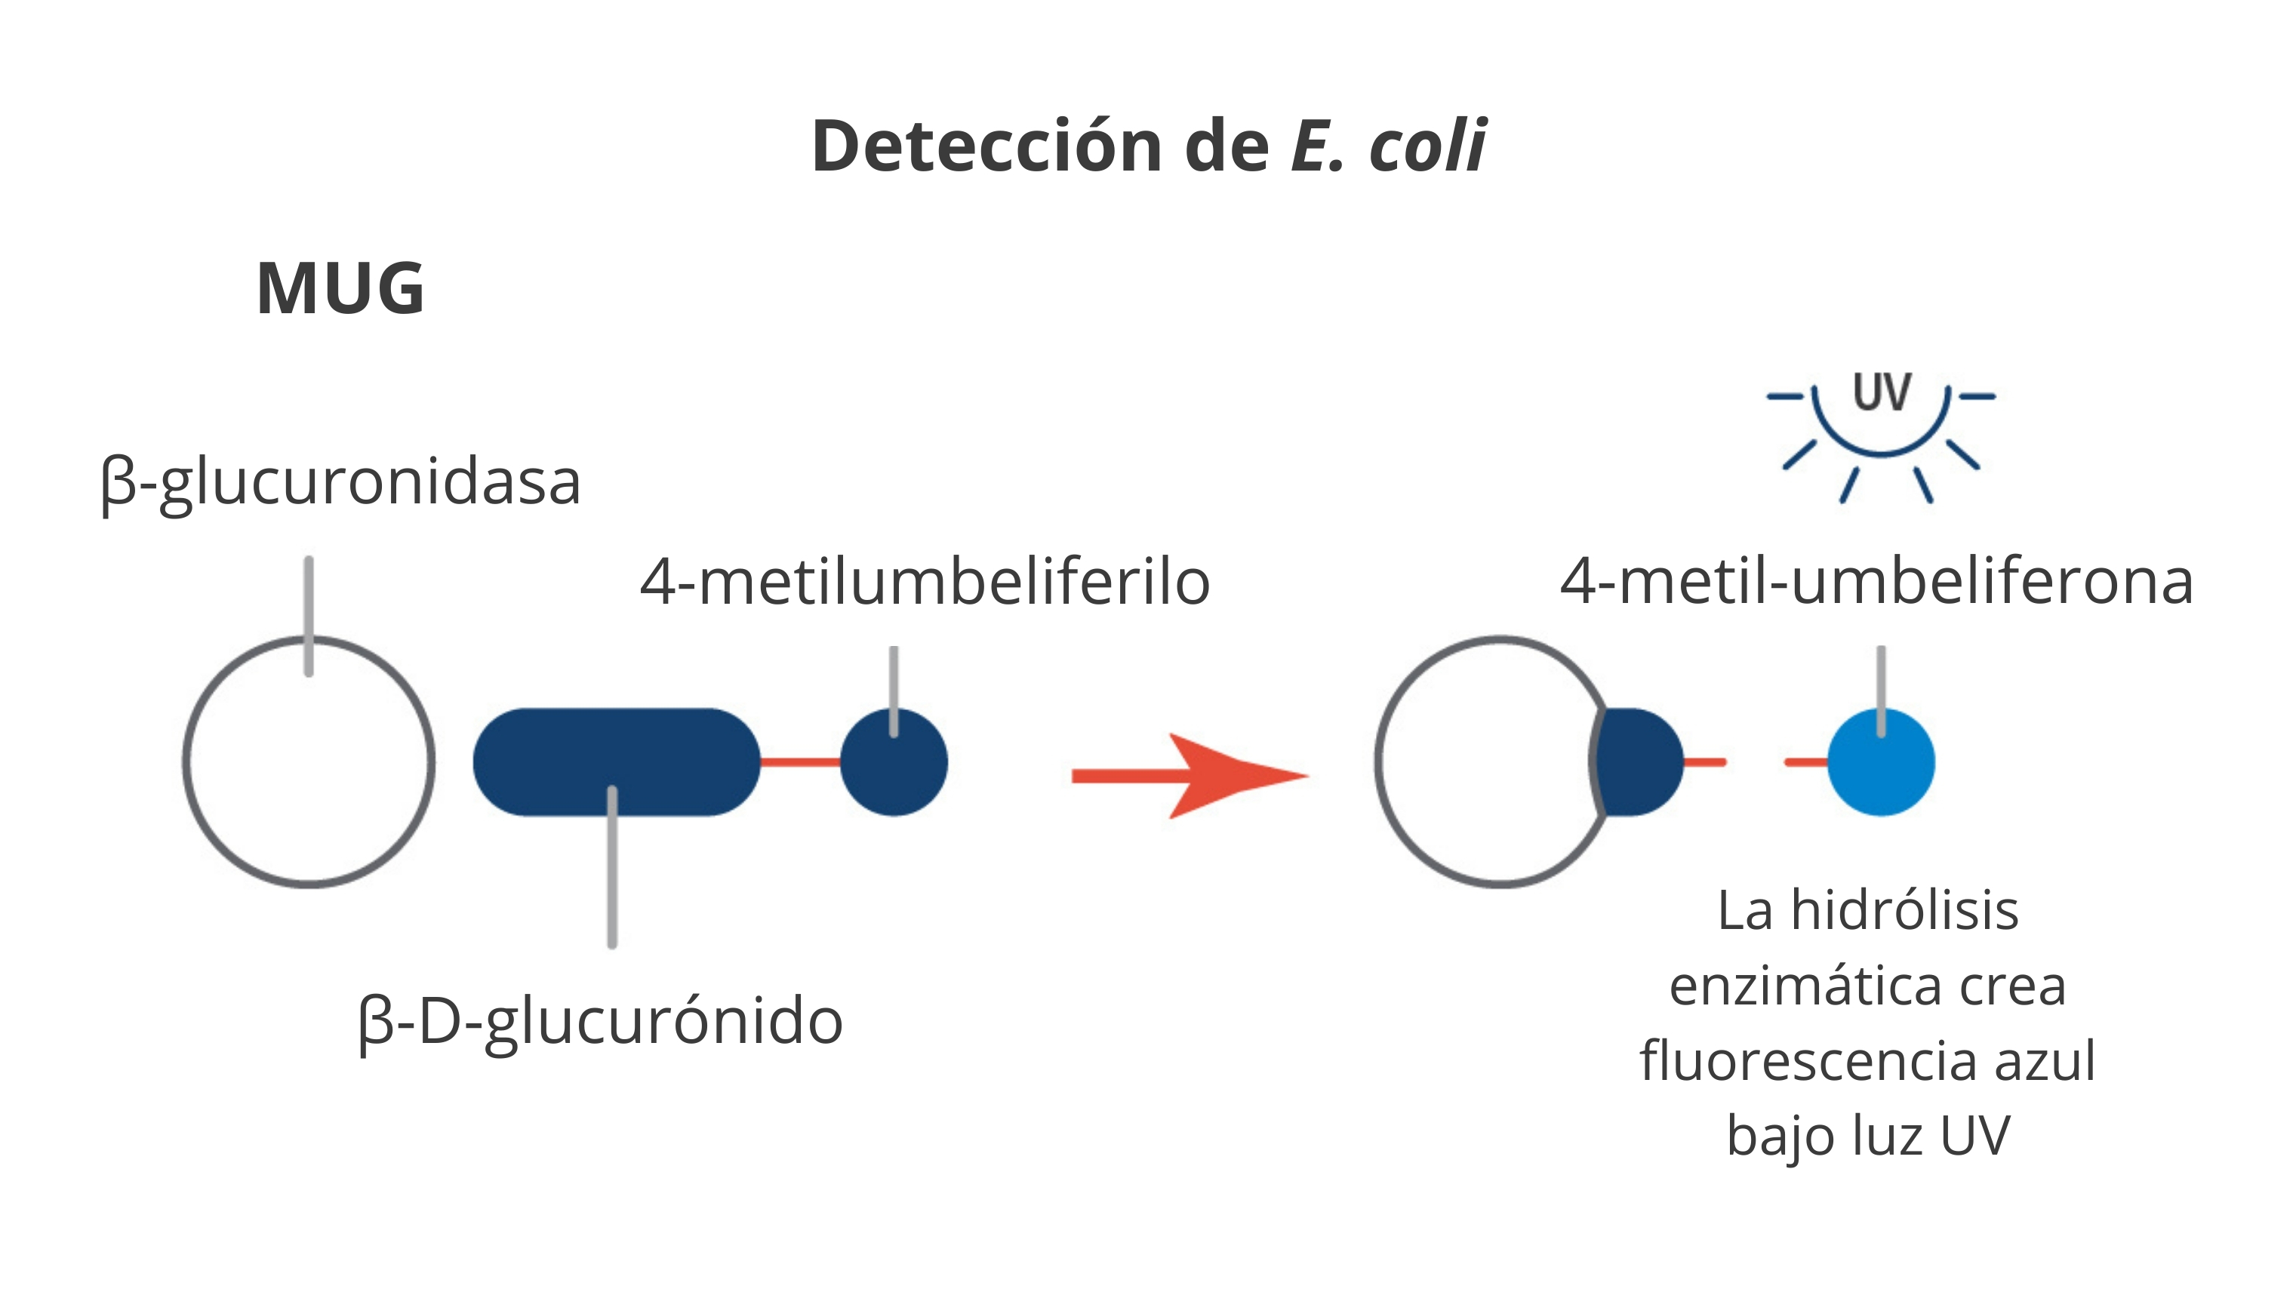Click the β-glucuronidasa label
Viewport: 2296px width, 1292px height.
click(341, 484)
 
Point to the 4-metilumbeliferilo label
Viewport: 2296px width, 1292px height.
click(925, 582)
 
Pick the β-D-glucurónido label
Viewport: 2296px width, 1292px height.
click(601, 1023)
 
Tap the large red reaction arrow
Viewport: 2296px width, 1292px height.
click(1190, 776)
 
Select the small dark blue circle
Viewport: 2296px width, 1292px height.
click(894, 761)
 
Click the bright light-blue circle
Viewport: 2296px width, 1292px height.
click(1882, 761)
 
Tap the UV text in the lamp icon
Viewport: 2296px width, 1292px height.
click(1882, 392)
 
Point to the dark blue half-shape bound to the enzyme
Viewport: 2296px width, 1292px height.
click(1637, 761)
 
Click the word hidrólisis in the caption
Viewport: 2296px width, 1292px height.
click(1905, 911)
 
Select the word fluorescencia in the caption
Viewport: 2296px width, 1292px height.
click(1807, 1061)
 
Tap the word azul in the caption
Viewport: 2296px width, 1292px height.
click(2045, 1061)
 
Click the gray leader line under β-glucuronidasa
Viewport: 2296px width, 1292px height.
click(309, 617)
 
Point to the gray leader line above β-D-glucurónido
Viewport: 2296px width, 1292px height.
click(611, 867)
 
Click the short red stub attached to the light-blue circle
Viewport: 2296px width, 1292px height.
click(1807, 761)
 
